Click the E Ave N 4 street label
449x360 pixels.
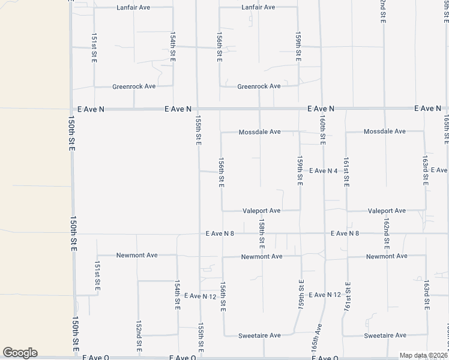coord(323,171)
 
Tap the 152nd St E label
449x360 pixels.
coord(139,331)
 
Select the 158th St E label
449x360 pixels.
coord(262,233)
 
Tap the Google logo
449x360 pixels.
coord(20,353)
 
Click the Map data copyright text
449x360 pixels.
coord(415,355)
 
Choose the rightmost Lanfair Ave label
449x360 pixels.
coord(258,7)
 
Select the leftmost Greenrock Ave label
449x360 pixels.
coord(134,86)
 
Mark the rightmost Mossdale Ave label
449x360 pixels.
coord(385,131)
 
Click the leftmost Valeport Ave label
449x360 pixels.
coord(261,211)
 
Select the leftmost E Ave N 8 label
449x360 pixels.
coord(223,233)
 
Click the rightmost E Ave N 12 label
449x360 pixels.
coord(324,295)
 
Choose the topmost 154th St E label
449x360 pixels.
coord(173,46)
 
